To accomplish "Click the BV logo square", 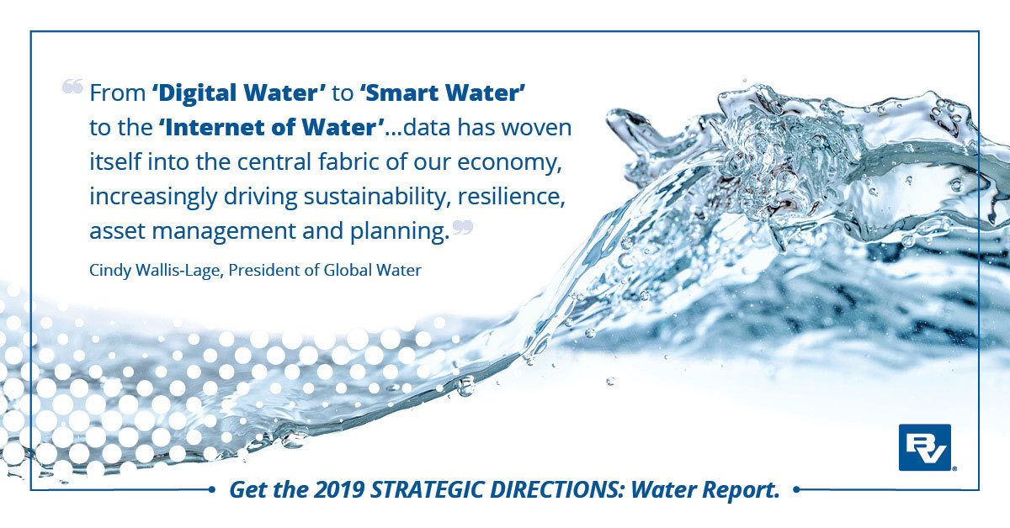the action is [925, 447].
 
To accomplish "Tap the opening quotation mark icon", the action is [72, 86].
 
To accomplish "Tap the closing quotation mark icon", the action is [463, 227].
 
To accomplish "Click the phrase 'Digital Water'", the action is [239, 93].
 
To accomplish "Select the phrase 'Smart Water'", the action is [443, 92].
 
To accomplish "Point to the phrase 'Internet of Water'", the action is [271, 127].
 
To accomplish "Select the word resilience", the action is [512, 197].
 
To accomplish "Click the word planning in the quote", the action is [400, 231].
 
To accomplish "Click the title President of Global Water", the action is [325, 270].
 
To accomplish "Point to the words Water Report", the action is [705, 490].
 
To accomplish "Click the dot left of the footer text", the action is [212, 489].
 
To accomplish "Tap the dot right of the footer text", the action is [796, 489].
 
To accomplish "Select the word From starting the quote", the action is [117, 93].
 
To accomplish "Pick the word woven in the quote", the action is [537, 128].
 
